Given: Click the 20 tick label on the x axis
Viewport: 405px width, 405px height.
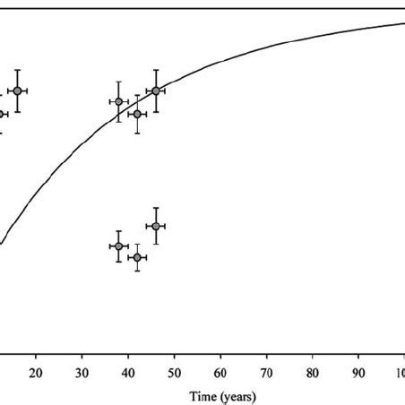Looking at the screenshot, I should pos(36,373).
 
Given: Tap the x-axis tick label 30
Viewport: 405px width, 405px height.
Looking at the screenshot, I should pos(82,373).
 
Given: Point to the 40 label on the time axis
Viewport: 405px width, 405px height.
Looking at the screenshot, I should pos(128,373).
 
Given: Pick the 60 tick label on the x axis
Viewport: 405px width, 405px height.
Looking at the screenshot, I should pos(220,373).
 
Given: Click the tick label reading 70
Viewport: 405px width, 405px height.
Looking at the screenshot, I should pos(266,373).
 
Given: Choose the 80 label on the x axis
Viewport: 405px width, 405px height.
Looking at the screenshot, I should pos(312,373).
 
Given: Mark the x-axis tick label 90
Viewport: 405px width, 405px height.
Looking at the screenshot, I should pos(358,373).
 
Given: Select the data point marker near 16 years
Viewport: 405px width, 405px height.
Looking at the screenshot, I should pos(17,90).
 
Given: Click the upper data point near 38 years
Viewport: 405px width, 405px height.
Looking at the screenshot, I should pos(118,101).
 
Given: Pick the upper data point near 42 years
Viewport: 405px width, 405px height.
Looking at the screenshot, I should pos(136,114).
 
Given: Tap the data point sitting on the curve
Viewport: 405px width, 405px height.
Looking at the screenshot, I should pos(156,90).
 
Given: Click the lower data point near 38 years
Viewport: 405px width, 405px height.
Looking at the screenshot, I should pos(118,246).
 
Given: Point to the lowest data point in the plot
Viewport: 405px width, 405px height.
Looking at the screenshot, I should pos(136,258).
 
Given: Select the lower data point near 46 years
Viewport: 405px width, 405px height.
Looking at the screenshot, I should pos(156,226).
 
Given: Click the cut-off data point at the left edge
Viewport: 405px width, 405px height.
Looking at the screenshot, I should pos(2,114).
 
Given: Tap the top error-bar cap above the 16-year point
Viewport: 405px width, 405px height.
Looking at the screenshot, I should pos(17,70).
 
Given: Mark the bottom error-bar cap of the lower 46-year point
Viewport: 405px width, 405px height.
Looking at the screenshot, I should pos(156,245).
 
